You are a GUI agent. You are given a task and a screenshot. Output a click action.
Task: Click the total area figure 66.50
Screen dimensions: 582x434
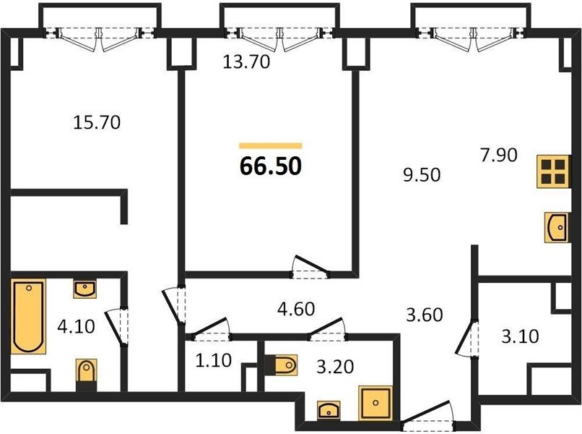pos(271,166)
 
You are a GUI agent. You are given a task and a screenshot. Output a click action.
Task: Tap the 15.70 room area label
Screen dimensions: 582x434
pos(97,122)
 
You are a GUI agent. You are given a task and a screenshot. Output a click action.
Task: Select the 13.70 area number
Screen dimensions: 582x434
pos(246,61)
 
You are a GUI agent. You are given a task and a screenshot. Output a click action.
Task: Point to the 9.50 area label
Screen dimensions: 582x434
pos(422,175)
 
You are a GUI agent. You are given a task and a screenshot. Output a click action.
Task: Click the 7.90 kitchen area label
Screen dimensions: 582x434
pos(498,155)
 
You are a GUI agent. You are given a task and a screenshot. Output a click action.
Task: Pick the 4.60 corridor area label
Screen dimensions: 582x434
pos(296,309)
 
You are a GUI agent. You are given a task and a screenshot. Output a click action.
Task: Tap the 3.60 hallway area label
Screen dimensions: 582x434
pos(425,315)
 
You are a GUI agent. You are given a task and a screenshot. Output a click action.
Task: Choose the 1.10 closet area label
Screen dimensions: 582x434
pos(214,360)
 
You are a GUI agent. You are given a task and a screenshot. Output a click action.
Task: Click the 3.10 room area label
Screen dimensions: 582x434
pos(520,336)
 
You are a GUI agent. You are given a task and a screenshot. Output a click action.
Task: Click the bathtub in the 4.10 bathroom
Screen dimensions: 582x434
pos(28,317)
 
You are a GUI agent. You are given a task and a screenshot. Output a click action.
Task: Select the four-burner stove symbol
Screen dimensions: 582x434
pos(553,171)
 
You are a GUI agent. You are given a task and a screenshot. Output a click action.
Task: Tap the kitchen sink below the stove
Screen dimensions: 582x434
pos(557,228)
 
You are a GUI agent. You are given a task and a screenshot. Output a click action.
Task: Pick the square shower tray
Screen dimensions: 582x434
pos(375,403)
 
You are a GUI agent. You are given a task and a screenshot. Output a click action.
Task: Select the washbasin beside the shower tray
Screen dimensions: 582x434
pos(329,410)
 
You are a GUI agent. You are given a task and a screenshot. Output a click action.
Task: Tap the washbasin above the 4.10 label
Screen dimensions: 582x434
pos(85,289)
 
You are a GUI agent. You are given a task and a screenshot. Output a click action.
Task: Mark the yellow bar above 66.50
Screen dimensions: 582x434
pos(271,146)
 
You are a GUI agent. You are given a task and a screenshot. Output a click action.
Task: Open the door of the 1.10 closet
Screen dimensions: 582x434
pos(210,328)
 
